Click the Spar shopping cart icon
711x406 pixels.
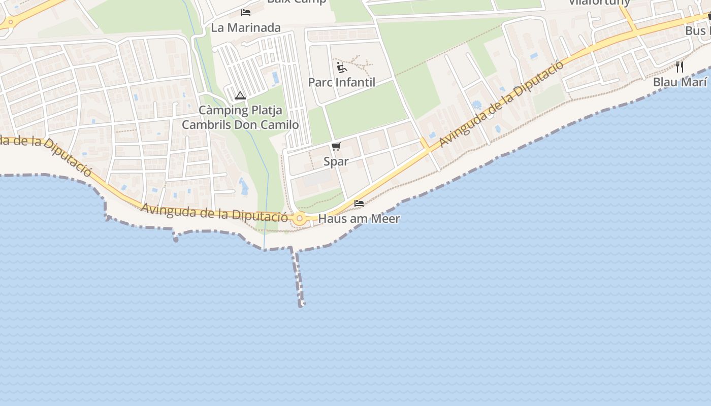(x=336, y=147)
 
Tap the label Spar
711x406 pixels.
(x=336, y=161)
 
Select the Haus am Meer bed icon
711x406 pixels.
(x=359, y=204)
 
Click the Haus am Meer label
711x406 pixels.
(x=359, y=219)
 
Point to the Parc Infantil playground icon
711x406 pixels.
(x=342, y=67)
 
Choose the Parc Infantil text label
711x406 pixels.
(x=342, y=82)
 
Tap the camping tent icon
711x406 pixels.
(x=240, y=95)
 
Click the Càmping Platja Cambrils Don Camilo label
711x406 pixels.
(x=240, y=117)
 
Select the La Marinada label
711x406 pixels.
(x=246, y=28)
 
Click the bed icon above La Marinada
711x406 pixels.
(x=246, y=12)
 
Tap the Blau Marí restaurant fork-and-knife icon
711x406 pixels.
(x=680, y=67)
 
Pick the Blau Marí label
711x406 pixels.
(x=680, y=82)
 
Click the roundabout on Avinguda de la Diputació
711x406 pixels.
(x=300, y=219)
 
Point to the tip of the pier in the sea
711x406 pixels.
(x=302, y=304)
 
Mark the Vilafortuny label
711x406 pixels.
(x=599, y=2)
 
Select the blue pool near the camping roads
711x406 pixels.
(x=275, y=78)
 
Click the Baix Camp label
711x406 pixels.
(x=297, y=2)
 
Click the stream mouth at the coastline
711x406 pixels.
(x=264, y=249)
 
